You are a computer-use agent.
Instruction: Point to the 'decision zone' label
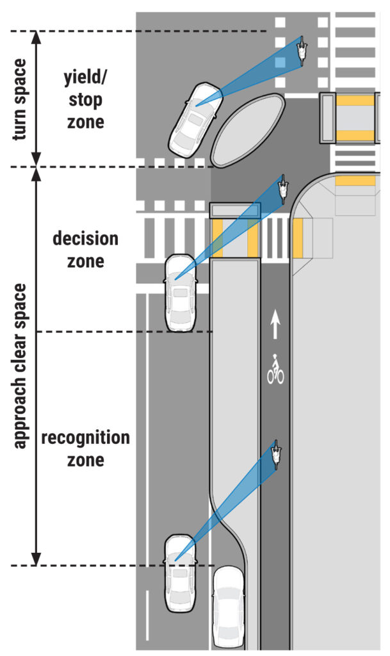click(x=85, y=250)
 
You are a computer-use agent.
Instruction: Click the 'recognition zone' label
click(x=85, y=449)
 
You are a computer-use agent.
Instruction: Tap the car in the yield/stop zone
click(x=193, y=119)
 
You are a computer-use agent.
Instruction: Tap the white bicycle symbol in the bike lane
click(x=275, y=370)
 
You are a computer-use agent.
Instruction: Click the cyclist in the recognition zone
click(x=276, y=454)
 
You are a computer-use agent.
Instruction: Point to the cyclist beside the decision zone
click(x=282, y=189)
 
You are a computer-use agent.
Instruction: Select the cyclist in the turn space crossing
click(x=302, y=51)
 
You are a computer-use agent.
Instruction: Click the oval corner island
click(x=248, y=129)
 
